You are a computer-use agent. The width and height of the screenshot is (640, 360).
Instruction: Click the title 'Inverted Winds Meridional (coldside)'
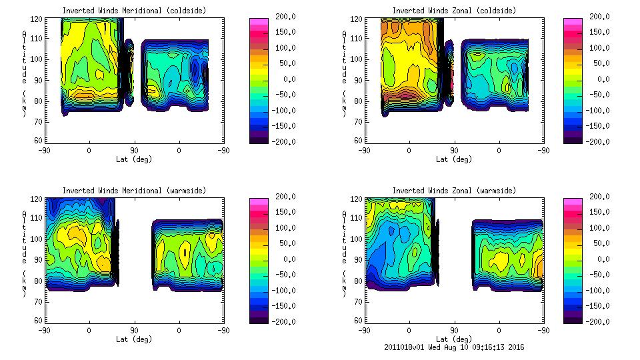pyautogui.click(x=135, y=11)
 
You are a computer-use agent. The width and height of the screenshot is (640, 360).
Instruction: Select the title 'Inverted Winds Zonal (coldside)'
pyautogui.click(x=454, y=11)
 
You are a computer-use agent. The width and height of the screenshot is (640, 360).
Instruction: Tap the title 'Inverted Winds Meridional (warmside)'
pyautogui.click(x=135, y=191)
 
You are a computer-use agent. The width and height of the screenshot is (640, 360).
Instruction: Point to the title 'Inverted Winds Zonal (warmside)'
pyautogui.click(x=454, y=191)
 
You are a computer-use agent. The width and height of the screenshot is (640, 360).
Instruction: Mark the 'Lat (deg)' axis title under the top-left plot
pyautogui.click(x=135, y=159)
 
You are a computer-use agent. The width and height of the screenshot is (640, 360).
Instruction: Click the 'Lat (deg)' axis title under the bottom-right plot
pyautogui.click(x=454, y=339)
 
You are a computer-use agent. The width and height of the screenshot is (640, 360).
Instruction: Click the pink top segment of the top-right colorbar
pyautogui.click(x=573, y=22)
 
